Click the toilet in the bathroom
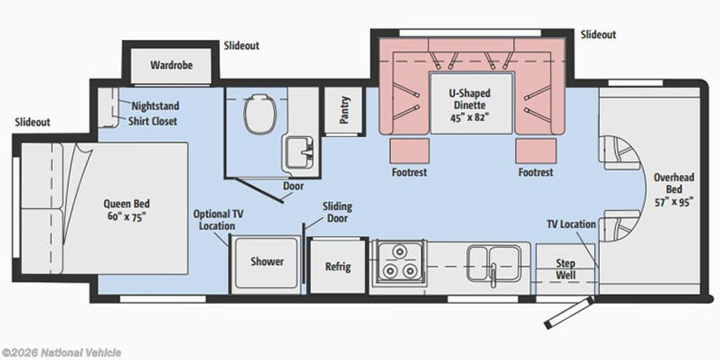click(260, 113)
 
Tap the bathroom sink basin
click(300, 153)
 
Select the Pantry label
click(345, 110)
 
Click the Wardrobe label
click(172, 65)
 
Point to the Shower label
click(266, 262)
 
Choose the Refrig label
click(338, 266)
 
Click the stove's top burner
click(399, 252)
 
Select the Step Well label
click(566, 269)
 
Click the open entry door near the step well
click(568, 312)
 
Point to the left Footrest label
click(409, 173)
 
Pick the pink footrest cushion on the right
click(535, 150)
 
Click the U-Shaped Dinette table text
click(469, 105)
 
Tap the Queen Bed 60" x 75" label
click(127, 210)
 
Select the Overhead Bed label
click(674, 189)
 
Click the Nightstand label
click(155, 106)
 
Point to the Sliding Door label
click(337, 212)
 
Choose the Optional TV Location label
click(218, 219)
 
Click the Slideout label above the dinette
click(598, 34)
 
